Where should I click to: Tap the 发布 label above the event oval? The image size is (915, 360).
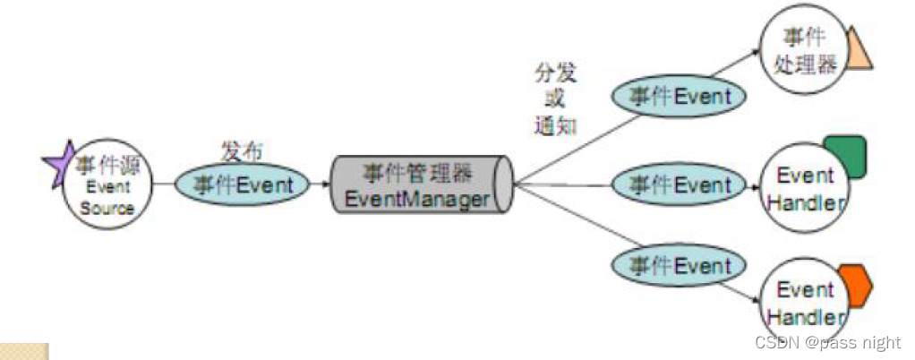(242, 150)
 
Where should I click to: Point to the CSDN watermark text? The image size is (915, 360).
(827, 342)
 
